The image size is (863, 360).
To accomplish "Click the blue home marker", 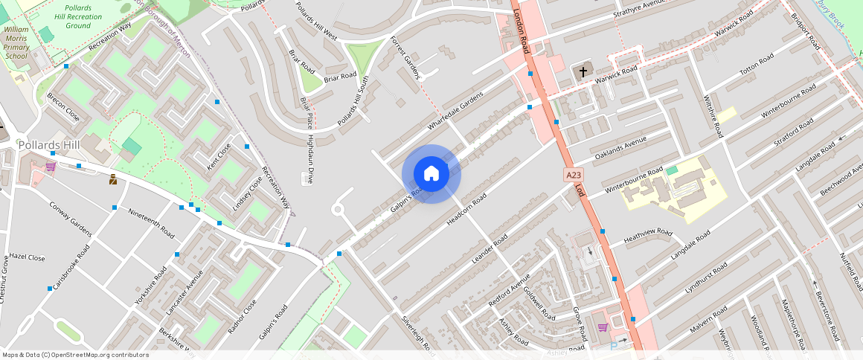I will pyautogui.click(x=431, y=174).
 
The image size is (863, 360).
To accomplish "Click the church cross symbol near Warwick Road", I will pyautogui.click(x=583, y=72).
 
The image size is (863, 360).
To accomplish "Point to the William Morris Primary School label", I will pyautogui.click(x=16, y=42).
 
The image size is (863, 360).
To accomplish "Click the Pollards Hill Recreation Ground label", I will pyautogui.click(x=77, y=16).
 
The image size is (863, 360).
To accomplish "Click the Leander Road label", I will pyautogui.click(x=490, y=248).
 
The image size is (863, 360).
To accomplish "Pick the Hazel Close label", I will pyautogui.click(x=27, y=258).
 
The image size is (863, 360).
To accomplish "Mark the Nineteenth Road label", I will pyautogui.click(x=151, y=222).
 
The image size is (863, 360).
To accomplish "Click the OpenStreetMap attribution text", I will pyautogui.click(x=74, y=355).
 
